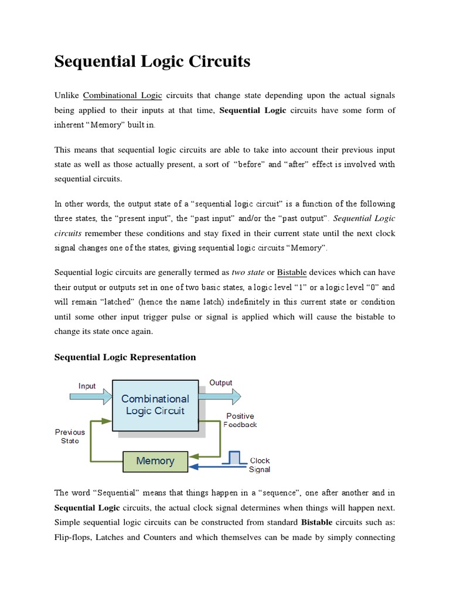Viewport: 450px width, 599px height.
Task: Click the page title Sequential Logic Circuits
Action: [x=152, y=62]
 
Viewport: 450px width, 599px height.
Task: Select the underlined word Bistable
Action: [x=292, y=272]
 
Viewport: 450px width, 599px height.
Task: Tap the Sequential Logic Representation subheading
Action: [x=125, y=357]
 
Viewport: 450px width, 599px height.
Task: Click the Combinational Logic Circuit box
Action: [x=155, y=405]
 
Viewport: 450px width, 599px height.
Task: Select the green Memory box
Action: [x=155, y=461]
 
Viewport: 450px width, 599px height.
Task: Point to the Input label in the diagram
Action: [x=87, y=386]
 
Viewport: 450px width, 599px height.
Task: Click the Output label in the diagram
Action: [x=221, y=383]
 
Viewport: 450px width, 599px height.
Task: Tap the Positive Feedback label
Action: [x=240, y=421]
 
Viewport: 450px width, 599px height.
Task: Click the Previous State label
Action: [x=70, y=436]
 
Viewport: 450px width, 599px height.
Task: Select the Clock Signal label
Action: [x=260, y=465]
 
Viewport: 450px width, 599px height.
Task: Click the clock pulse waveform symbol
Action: [x=234, y=457]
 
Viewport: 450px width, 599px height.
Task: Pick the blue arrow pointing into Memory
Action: [x=217, y=467]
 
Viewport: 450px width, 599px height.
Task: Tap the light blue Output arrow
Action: [x=219, y=397]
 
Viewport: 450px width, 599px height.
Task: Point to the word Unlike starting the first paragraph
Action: [x=66, y=95]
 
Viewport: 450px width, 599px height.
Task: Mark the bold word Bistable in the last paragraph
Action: [x=316, y=522]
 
